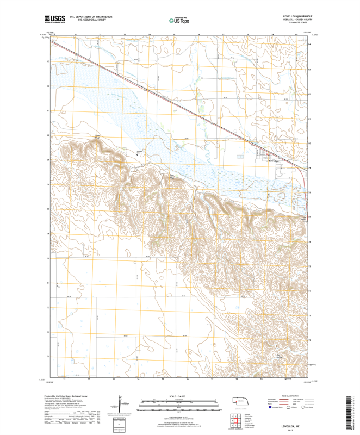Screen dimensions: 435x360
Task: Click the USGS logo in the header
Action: [55, 20]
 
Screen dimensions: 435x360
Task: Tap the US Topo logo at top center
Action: [179, 20]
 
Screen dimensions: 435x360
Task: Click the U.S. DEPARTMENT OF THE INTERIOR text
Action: [90, 17]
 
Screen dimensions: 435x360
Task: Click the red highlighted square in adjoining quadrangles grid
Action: [237, 419]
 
